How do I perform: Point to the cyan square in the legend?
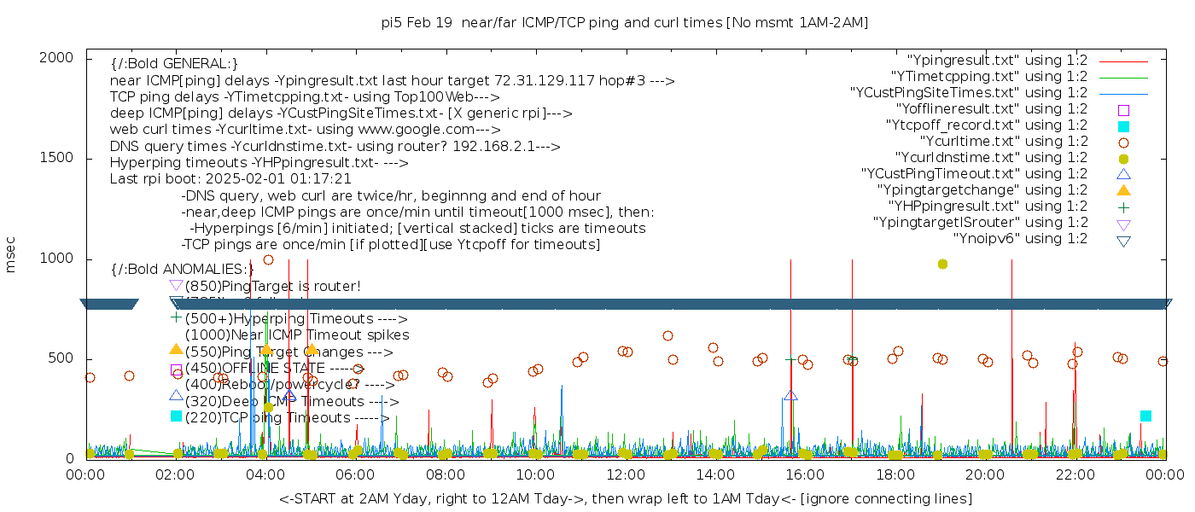[x=1124, y=126]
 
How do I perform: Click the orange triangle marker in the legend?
[x=1124, y=190]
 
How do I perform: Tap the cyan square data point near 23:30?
[x=1145, y=416]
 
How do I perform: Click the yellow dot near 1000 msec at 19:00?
[x=942, y=264]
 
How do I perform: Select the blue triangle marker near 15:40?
[x=790, y=395]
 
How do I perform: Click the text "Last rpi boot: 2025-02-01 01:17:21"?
[x=230, y=179]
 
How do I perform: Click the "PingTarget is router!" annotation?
[x=273, y=286]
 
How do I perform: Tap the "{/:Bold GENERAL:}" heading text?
[x=174, y=64]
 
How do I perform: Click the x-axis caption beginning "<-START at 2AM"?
[x=625, y=498]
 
